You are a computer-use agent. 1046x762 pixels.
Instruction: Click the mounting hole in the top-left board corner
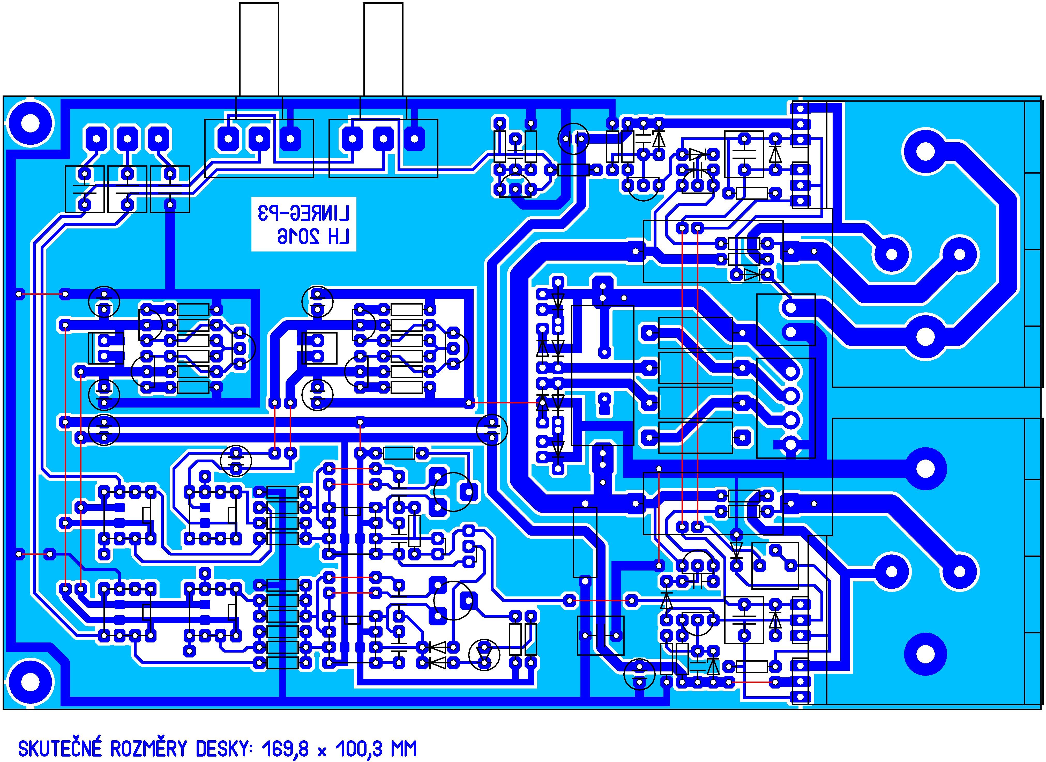coord(31,124)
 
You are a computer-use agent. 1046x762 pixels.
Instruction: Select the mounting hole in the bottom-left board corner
coord(31,682)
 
